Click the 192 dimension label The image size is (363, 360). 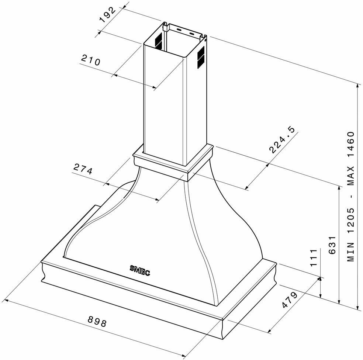pyautogui.click(x=108, y=15)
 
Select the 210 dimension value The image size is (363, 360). pyautogui.click(x=90, y=60)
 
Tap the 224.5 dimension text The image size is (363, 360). pyautogui.click(x=282, y=140)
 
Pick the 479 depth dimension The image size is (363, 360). pyautogui.click(x=289, y=300)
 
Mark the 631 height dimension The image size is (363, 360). pyautogui.click(x=332, y=245)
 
